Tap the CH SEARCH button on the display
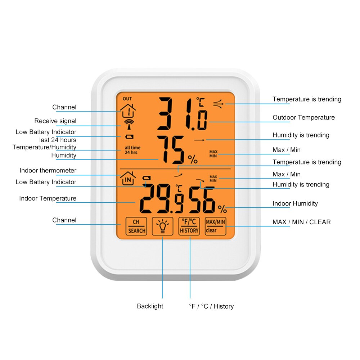[136, 226]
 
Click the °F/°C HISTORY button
[189, 226]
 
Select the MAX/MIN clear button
[215, 226]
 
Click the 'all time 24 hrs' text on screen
[132, 150]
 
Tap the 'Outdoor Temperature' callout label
[303, 117]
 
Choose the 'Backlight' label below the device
[150, 306]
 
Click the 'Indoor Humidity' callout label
[295, 203]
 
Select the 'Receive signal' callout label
[55, 121]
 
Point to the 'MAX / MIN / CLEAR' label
[301, 222]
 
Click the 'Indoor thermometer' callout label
[48, 170]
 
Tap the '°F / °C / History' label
[211, 306]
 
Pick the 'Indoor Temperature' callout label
[48, 198]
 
